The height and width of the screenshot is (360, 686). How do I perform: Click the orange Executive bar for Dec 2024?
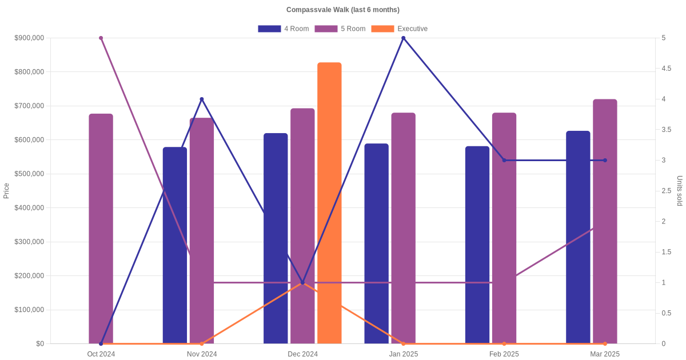[329, 203]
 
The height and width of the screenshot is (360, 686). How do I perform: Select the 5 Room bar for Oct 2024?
[101, 229]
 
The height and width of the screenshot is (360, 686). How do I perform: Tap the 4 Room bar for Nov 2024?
[175, 246]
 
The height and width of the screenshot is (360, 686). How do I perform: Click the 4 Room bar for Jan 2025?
[376, 243]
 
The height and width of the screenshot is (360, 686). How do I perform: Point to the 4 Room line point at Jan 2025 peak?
[404, 38]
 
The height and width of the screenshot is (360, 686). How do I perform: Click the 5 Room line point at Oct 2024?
[101, 38]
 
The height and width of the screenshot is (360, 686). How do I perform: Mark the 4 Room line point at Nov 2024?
[202, 99]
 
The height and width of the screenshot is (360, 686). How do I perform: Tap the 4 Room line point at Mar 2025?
[605, 161]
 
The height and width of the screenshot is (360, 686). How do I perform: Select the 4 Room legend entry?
[283, 29]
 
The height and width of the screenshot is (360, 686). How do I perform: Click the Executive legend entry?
[399, 29]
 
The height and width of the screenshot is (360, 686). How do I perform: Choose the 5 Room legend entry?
[340, 29]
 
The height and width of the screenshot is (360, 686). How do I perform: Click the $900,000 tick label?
[29, 38]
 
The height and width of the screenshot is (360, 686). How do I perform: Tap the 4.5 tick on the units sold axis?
[667, 69]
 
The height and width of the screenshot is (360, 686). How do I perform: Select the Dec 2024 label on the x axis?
[302, 354]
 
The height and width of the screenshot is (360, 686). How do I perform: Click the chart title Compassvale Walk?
[343, 10]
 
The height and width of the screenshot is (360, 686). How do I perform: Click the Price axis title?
[6, 191]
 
